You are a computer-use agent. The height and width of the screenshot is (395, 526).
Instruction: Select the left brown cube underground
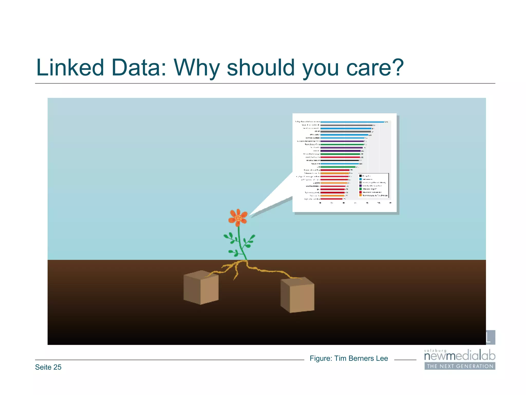(201, 288)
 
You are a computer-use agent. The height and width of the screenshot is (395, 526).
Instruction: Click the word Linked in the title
(70, 68)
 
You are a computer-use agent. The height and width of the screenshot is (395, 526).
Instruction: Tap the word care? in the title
(375, 68)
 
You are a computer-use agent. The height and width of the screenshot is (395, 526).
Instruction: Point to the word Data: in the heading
(139, 68)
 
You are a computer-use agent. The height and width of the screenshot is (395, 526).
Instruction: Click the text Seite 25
(48, 367)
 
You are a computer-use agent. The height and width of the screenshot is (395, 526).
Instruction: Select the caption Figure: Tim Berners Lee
(349, 358)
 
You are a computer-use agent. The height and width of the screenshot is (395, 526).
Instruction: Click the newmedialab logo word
(459, 356)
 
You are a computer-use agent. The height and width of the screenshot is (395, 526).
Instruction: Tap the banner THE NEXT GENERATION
(460, 366)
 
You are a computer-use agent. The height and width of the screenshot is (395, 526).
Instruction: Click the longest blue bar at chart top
(352, 122)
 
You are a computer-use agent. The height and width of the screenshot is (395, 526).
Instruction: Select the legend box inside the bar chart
(373, 185)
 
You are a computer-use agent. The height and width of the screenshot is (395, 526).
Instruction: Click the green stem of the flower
(240, 242)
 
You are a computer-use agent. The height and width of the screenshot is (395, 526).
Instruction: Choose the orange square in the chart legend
(360, 195)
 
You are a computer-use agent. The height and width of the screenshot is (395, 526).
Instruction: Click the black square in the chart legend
(360, 176)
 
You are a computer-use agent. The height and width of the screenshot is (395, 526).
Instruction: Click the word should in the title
(261, 68)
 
